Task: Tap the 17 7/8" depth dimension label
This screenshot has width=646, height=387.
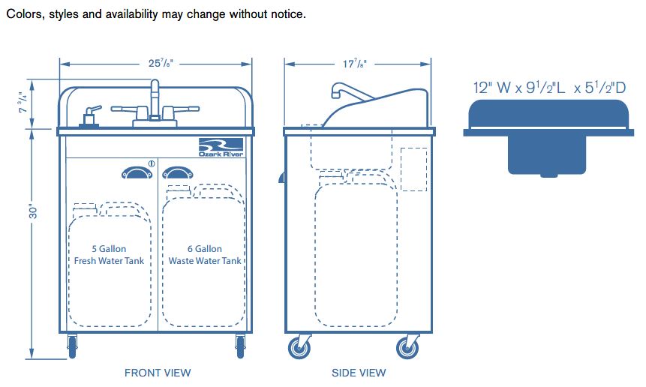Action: [357, 64]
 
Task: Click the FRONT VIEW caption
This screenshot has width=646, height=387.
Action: [158, 372]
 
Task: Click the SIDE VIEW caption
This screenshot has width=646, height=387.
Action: [359, 372]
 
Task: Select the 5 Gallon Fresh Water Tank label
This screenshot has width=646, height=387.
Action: [109, 255]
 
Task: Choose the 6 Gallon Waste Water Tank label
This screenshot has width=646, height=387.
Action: [205, 255]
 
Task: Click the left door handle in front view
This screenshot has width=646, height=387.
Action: [136, 174]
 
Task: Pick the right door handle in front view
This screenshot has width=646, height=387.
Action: [178, 174]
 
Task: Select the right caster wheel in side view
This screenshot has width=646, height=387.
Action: [407, 347]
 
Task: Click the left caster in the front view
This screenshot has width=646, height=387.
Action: [72, 345]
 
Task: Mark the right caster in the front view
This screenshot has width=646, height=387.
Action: [240, 345]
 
